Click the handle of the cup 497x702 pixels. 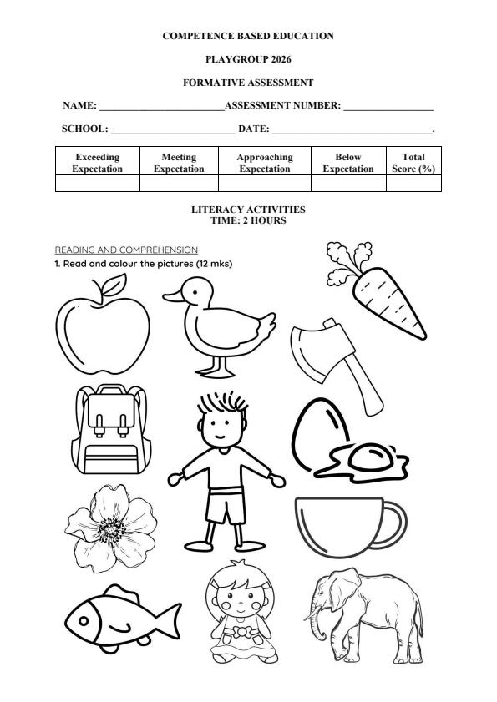[x=390, y=524]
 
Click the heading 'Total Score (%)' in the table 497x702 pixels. [x=413, y=163]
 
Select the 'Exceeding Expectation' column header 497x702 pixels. [x=97, y=163]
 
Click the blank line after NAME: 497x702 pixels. [x=161, y=107]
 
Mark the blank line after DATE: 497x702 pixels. [x=352, y=130]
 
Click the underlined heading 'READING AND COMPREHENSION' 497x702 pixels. [x=126, y=250]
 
